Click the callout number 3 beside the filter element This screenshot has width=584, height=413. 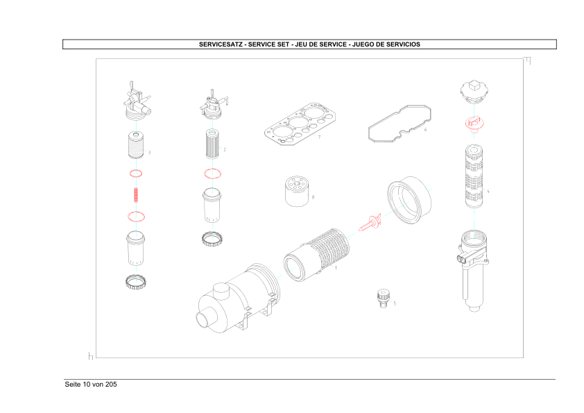[150, 152]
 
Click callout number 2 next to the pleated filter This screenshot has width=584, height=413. [225, 149]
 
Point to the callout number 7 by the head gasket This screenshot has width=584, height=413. [318, 137]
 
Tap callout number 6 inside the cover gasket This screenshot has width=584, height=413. [425, 130]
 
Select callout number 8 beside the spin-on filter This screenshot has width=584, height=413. [313, 197]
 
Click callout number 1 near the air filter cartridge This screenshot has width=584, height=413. [336, 267]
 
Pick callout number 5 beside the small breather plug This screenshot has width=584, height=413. [395, 303]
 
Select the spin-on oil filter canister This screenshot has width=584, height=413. [296, 192]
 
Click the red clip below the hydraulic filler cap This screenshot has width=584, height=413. [474, 124]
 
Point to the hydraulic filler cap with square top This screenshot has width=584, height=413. [474, 90]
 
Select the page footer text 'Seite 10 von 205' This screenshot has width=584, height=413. [90, 385]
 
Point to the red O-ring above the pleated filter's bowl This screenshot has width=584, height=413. [212, 174]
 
